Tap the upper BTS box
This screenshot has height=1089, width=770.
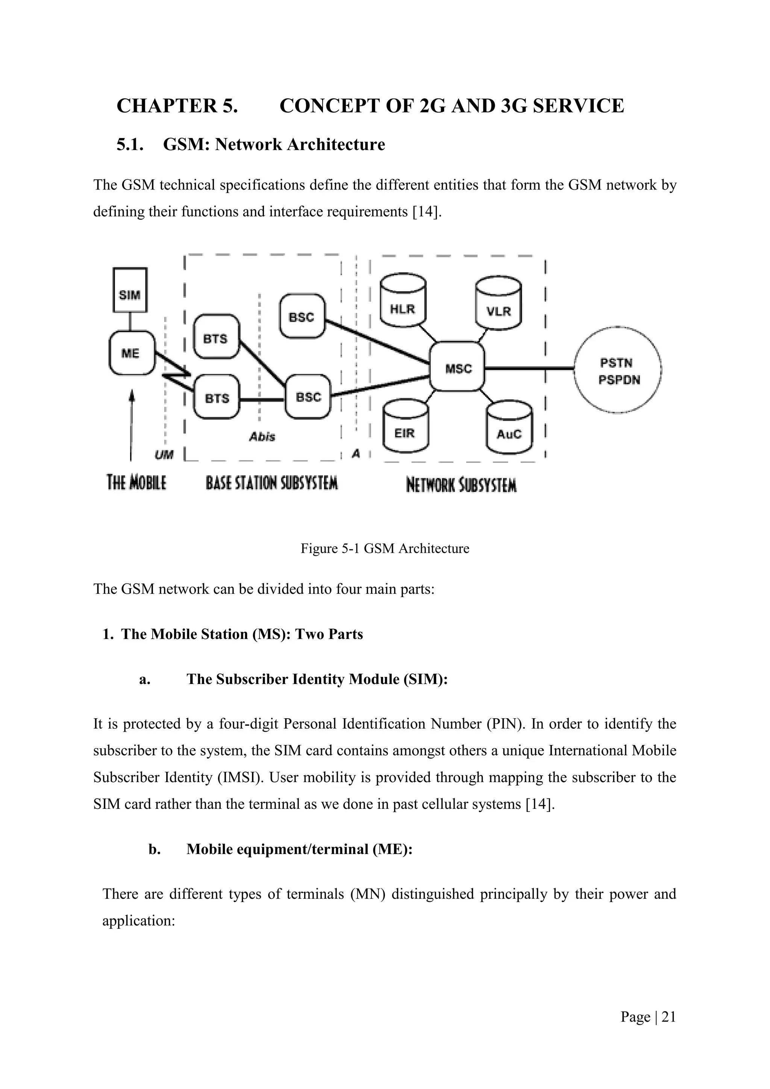point(216,337)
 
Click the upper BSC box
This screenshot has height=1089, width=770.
point(302,316)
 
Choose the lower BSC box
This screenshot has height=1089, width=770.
point(309,396)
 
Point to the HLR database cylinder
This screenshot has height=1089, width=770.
point(403,302)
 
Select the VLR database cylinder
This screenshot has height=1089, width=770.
point(499,305)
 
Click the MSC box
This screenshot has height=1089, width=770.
point(458,367)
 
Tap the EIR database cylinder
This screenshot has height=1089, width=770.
point(405,427)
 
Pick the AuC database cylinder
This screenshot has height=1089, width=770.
point(509,428)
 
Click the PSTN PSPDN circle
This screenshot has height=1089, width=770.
point(618,371)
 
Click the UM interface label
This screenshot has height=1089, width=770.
point(164,455)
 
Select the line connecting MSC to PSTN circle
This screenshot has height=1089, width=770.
point(529,368)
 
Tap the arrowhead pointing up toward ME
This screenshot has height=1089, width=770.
point(132,394)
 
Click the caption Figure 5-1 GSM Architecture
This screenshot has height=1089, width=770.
point(385,548)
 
